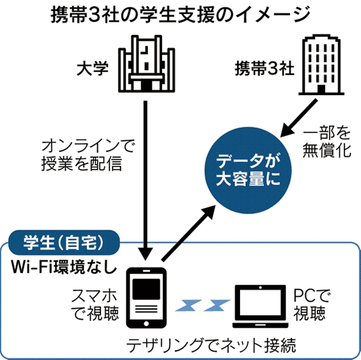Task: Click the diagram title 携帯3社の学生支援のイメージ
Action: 180,13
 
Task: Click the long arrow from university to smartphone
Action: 145,175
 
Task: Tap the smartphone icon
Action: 145,298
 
